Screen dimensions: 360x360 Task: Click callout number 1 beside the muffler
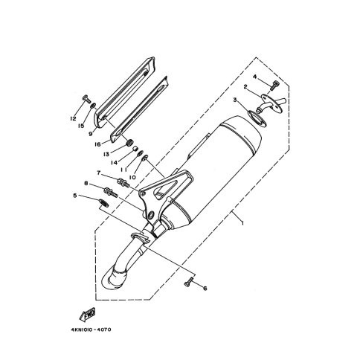click(x=242, y=223)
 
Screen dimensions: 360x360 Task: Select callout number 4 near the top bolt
click(x=255, y=77)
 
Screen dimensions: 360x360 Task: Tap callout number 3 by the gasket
click(x=235, y=100)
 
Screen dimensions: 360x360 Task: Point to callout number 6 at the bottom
click(x=205, y=289)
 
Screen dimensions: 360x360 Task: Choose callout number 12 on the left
click(x=73, y=119)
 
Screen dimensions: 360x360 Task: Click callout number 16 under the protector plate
click(x=97, y=144)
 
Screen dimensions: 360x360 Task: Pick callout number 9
click(x=91, y=134)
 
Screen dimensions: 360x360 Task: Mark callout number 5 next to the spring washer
click(x=75, y=196)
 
